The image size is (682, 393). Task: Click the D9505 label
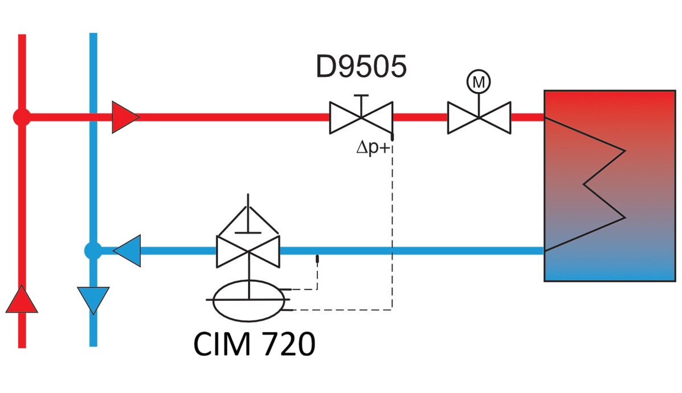tap(361, 67)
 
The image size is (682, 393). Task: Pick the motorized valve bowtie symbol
tap(479, 117)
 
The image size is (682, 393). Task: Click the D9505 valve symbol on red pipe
tap(361, 118)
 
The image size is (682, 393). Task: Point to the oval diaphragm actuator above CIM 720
tap(248, 300)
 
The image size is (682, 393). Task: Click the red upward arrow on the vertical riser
tap(22, 300)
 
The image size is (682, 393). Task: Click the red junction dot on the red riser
tap(22, 117)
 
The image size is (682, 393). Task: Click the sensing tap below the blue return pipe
tap(317, 260)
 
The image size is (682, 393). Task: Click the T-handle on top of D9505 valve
tap(361, 97)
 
